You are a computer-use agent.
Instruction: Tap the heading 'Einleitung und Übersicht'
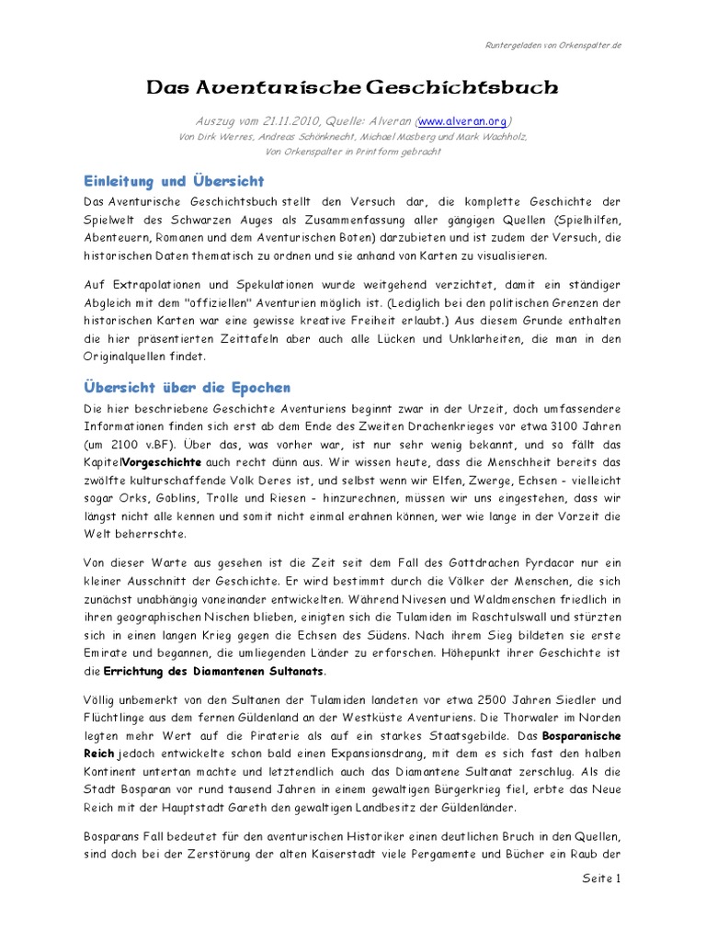point(174,181)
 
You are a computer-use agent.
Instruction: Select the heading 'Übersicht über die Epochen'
point(187,387)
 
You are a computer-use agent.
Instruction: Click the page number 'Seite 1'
point(602,879)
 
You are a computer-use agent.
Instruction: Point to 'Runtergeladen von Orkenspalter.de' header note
point(552,46)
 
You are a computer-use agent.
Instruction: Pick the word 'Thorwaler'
point(540,720)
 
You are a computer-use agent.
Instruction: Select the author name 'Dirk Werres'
point(211,137)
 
